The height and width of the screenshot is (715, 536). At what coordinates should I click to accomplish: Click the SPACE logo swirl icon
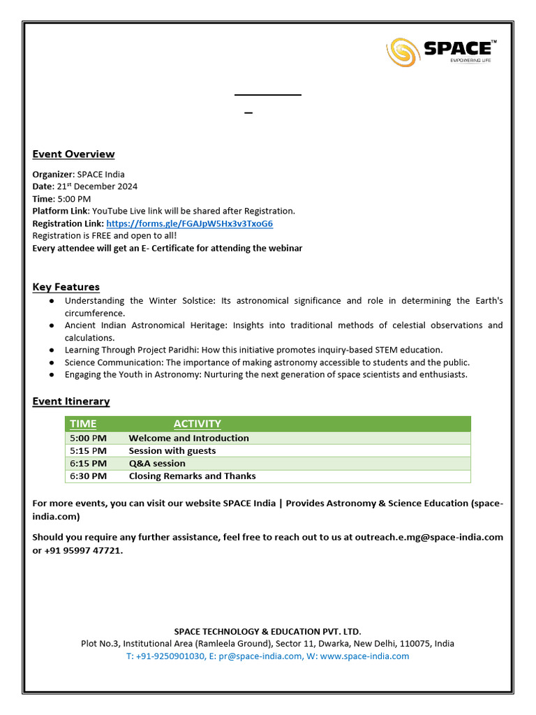click(403, 51)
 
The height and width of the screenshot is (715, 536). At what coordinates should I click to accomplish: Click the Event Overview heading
click(73, 154)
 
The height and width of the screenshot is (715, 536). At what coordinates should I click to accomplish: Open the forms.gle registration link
click(189, 223)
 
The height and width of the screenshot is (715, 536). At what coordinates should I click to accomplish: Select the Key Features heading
click(66, 287)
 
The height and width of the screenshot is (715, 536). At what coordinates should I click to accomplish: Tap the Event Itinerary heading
click(70, 401)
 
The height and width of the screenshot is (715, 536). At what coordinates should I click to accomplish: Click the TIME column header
click(83, 424)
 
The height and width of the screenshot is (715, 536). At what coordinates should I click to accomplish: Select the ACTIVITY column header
click(197, 424)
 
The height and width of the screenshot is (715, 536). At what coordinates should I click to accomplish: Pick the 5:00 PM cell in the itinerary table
click(88, 438)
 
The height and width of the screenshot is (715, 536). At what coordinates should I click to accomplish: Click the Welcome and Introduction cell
click(188, 438)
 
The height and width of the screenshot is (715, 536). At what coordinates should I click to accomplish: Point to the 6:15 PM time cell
click(88, 464)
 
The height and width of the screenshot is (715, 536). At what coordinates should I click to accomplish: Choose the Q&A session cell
click(157, 464)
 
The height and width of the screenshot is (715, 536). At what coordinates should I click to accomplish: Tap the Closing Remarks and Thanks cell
click(192, 476)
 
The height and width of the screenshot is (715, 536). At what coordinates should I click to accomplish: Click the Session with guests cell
click(172, 451)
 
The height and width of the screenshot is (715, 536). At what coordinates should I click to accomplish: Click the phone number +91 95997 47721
click(83, 550)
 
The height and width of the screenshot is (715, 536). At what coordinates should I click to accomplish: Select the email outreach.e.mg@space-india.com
click(429, 537)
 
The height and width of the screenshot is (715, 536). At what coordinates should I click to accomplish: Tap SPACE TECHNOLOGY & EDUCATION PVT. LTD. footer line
click(267, 631)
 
